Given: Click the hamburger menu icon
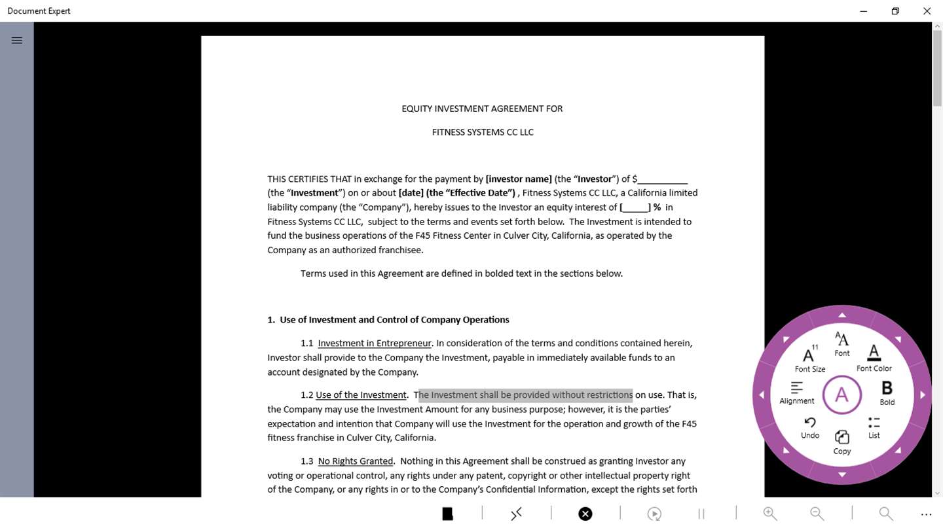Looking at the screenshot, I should (17, 41).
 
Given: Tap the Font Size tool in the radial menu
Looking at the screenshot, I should (810, 359).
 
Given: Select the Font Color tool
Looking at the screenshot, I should (874, 358).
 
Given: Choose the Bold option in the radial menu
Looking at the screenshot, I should (887, 393).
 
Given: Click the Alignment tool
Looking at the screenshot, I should (797, 393).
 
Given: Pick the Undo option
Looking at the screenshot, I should (810, 427).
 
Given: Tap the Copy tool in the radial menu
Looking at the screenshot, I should (842, 442).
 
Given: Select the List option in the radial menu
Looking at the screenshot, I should (874, 427).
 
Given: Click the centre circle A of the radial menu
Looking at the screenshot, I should (841, 395).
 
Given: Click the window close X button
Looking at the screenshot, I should (927, 11).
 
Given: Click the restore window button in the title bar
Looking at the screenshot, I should (895, 11).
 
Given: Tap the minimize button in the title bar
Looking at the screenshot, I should (864, 11).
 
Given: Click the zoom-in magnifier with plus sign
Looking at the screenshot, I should (770, 514).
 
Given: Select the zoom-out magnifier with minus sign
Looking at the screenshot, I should (817, 514).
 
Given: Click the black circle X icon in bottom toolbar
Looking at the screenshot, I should (585, 514).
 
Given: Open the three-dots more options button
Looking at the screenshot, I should (926, 514).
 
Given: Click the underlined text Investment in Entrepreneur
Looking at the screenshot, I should (375, 344).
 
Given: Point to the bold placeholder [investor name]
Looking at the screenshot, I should (519, 179).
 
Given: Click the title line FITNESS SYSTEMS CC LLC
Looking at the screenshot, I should (483, 132).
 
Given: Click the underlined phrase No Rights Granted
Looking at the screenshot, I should (356, 461).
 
